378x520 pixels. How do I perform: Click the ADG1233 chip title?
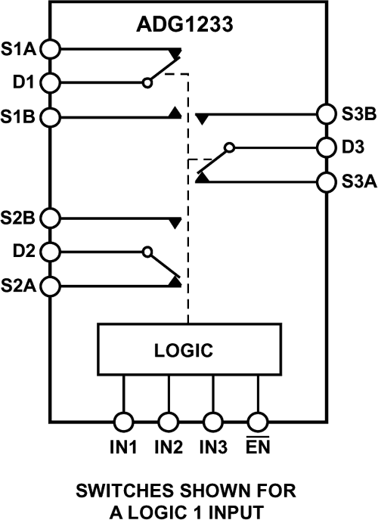188,26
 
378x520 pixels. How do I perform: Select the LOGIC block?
188,350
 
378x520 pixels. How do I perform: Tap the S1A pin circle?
50,48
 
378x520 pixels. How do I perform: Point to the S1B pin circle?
50,117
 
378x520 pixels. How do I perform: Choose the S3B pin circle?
327,114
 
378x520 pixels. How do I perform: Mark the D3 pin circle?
327,147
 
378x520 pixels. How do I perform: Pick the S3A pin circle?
327,182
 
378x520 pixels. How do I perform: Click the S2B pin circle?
50,218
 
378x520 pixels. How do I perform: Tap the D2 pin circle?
50,251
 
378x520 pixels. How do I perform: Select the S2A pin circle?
50,286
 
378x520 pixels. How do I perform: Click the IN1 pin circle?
124,421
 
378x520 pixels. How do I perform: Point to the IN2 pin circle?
169,421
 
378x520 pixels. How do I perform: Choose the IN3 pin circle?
214,421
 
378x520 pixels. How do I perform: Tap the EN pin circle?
259,421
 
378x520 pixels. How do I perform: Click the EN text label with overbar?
259,447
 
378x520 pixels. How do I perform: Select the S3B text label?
355,115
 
